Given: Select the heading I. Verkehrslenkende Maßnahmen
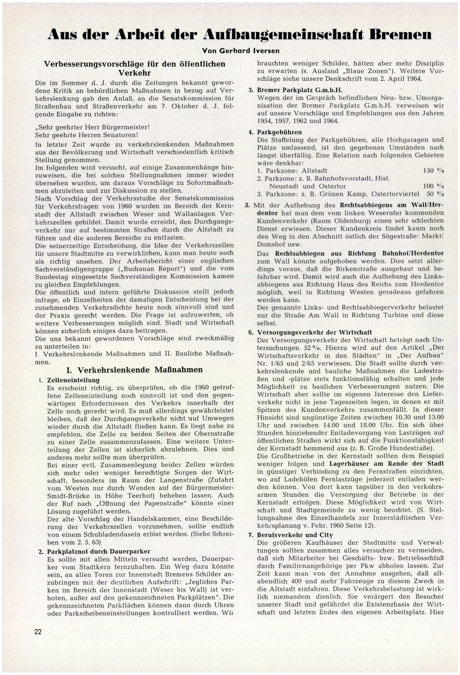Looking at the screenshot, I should (x=135, y=370).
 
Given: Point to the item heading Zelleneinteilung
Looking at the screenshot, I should (x=73, y=380).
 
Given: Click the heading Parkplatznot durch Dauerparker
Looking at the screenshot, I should (x=98, y=551).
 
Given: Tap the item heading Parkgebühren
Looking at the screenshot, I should (x=275, y=133).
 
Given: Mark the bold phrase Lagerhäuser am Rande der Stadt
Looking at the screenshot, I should (x=386, y=464).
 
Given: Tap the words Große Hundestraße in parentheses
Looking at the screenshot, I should (x=402, y=447).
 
